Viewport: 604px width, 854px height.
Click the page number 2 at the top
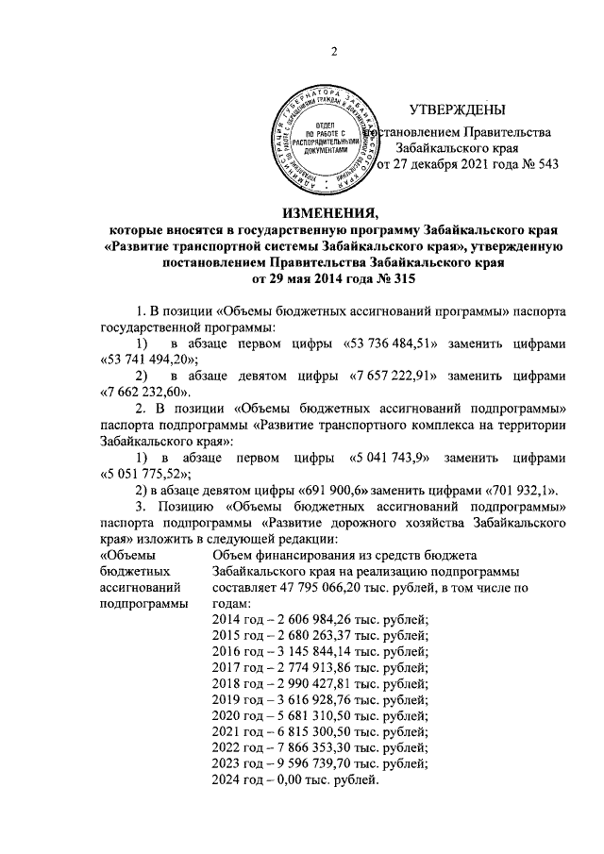(x=333, y=50)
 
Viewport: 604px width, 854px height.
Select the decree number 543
(x=546, y=163)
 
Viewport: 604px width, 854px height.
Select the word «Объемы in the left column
(x=124, y=553)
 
